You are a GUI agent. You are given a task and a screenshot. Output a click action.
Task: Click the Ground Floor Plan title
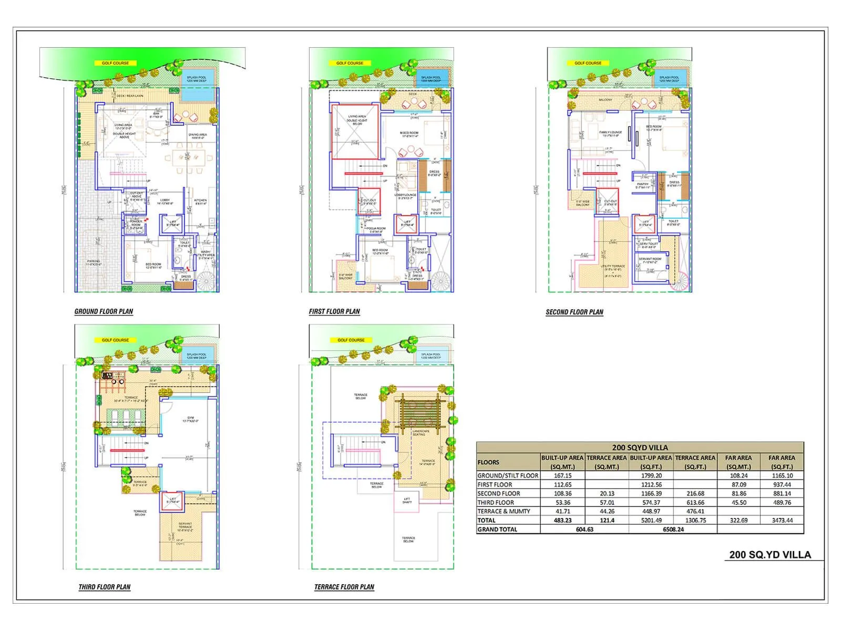[104, 311]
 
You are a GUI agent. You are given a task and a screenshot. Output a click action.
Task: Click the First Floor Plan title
[334, 311]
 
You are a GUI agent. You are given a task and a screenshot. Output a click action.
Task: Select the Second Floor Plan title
[574, 312]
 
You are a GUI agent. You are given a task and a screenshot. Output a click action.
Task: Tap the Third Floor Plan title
[104, 587]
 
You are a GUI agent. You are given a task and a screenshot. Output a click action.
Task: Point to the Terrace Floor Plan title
[344, 587]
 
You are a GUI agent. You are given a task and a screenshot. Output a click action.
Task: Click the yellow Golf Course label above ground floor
[115, 63]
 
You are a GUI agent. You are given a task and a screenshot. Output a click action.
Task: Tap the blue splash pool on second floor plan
[669, 79]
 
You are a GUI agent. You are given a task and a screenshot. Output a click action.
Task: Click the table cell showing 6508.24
[673, 530]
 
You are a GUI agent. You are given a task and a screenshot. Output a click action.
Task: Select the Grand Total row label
[497, 530]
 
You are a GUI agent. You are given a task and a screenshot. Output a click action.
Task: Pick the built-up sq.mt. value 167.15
[562, 475]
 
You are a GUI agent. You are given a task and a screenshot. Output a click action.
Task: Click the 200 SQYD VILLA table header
[640, 447]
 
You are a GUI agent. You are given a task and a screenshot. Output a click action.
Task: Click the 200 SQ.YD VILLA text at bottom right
[770, 555]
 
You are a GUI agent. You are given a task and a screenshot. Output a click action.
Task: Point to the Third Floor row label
[496, 502]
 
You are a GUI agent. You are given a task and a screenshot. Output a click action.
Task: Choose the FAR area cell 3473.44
[782, 520]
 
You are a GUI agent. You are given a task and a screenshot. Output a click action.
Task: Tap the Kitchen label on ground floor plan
[200, 201]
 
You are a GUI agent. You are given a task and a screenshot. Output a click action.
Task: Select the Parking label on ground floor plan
[93, 262]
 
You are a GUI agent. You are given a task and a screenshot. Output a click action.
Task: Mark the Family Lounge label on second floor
[610, 134]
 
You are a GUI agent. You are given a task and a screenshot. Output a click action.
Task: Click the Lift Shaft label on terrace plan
[407, 500]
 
